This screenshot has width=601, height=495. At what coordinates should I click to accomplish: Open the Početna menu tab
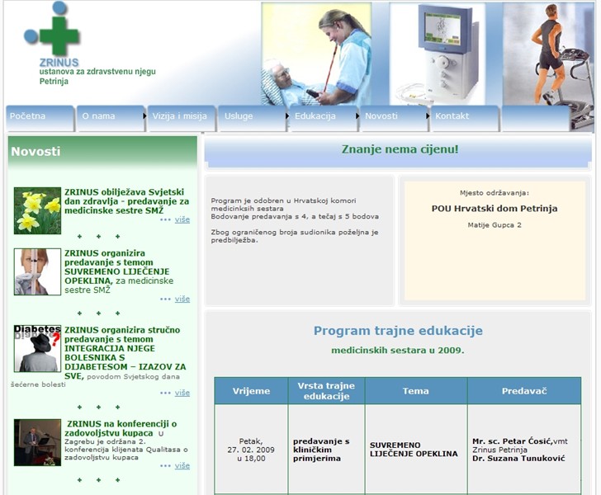[40, 118]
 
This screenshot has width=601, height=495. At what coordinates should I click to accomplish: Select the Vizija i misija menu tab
[181, 118]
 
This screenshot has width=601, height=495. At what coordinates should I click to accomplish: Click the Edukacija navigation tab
[323, 118]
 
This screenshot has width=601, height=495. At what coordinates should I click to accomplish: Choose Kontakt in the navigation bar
[465, 118]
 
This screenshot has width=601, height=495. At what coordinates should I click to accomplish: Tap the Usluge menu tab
[252, 118]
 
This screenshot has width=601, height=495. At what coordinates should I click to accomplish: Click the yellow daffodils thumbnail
[37, 210]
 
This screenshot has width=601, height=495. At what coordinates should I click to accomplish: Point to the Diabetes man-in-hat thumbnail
[37, 349]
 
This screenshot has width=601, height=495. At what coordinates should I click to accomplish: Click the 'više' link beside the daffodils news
[182, 219]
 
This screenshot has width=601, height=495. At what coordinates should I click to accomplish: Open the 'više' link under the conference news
[182, 465]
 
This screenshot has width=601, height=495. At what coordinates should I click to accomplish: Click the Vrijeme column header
[251, 391]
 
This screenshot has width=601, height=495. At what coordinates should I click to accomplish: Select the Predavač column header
[524, 391]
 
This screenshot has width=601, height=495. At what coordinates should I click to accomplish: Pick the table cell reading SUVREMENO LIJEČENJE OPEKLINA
[414, 450]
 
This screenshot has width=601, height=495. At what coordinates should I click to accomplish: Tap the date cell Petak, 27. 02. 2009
[251, 450]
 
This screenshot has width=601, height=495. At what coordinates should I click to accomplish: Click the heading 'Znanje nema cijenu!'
[400, 149]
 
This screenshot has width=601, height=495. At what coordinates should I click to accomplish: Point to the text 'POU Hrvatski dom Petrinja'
[495, 209]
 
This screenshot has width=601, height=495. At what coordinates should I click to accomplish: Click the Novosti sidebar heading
[35, 151]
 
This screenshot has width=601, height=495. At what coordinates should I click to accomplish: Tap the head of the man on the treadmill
[551, 11]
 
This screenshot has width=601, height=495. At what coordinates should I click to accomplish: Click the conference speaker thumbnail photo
[37, 442]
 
